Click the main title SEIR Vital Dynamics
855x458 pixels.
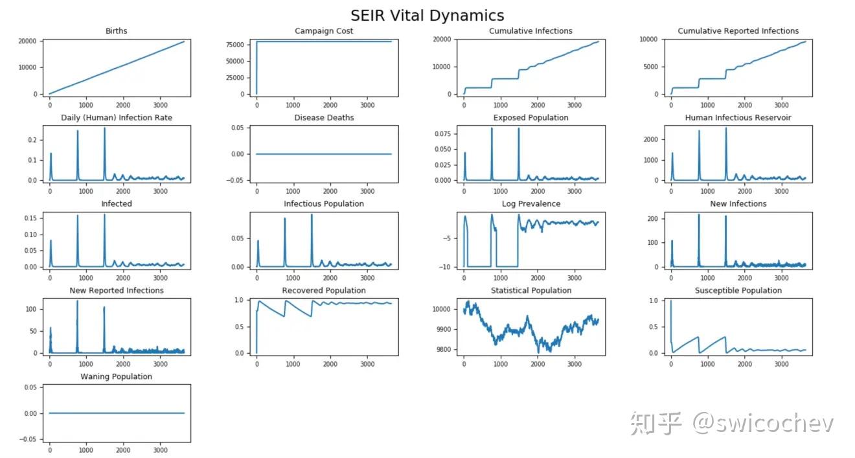tap(427, 16)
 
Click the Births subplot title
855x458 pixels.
tap(117, 31)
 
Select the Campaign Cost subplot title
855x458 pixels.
tap(324, 31)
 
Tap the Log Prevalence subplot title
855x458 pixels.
tap(531, 204)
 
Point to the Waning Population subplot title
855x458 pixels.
tap(117, 377)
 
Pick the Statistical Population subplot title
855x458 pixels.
tap(531, 290)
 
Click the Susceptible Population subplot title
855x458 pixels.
tap(738, 290)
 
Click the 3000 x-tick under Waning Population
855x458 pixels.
tap(160, 450)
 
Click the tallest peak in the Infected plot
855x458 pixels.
tap(104, 215)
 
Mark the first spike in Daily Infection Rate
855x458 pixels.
tap(51, 154)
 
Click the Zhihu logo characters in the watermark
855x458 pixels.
tap(655, 423)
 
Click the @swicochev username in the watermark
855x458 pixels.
tap(763, 423)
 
